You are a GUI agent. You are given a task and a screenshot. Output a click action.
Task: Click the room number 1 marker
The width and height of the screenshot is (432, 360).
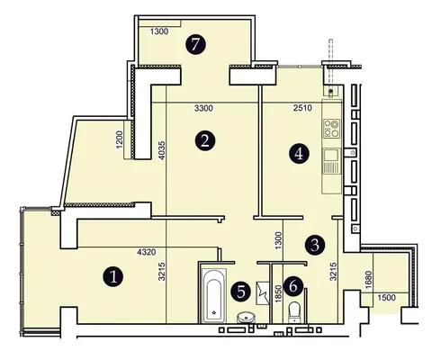click(113, 276)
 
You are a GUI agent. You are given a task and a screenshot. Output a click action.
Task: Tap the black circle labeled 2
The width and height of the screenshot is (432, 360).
click(205, 140)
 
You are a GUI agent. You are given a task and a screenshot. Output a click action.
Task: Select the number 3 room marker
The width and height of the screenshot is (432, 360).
click(315, 245)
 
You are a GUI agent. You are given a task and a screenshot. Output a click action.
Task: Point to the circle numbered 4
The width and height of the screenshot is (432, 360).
click(299, 154)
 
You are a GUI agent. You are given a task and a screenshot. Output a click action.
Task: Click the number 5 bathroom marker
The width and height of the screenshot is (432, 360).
click(241, 292)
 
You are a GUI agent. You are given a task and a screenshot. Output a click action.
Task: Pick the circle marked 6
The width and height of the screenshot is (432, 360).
click(293, 286)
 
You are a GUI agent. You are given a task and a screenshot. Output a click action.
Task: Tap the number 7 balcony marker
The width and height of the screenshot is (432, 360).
click(195, 44)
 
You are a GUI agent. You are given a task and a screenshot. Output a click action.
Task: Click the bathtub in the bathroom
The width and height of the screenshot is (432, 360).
click(213, 295)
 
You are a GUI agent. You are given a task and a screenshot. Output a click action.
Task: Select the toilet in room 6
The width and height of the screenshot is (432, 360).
click(294, 312)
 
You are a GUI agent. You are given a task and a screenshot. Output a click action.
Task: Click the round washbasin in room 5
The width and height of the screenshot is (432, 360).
click(246, 317)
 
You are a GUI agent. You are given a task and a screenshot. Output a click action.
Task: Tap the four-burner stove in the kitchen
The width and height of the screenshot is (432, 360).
click(331, 129)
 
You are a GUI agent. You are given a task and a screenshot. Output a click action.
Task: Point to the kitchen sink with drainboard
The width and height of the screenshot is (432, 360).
click(331, 161)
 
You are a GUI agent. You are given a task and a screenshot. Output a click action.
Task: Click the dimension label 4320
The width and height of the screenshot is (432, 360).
click(147, 252)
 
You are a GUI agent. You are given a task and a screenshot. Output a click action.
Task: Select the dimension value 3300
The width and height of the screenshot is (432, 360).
click(203, 108)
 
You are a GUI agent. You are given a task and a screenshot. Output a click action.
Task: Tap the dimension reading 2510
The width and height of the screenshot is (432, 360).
click(302, 107)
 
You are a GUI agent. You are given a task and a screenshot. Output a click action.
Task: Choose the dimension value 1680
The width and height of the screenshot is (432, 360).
click(369, 280)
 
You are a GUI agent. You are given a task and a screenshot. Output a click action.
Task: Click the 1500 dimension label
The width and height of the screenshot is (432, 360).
click(386, 298)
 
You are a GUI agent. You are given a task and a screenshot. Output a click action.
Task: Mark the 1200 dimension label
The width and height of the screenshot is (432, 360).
click(119, 139)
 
